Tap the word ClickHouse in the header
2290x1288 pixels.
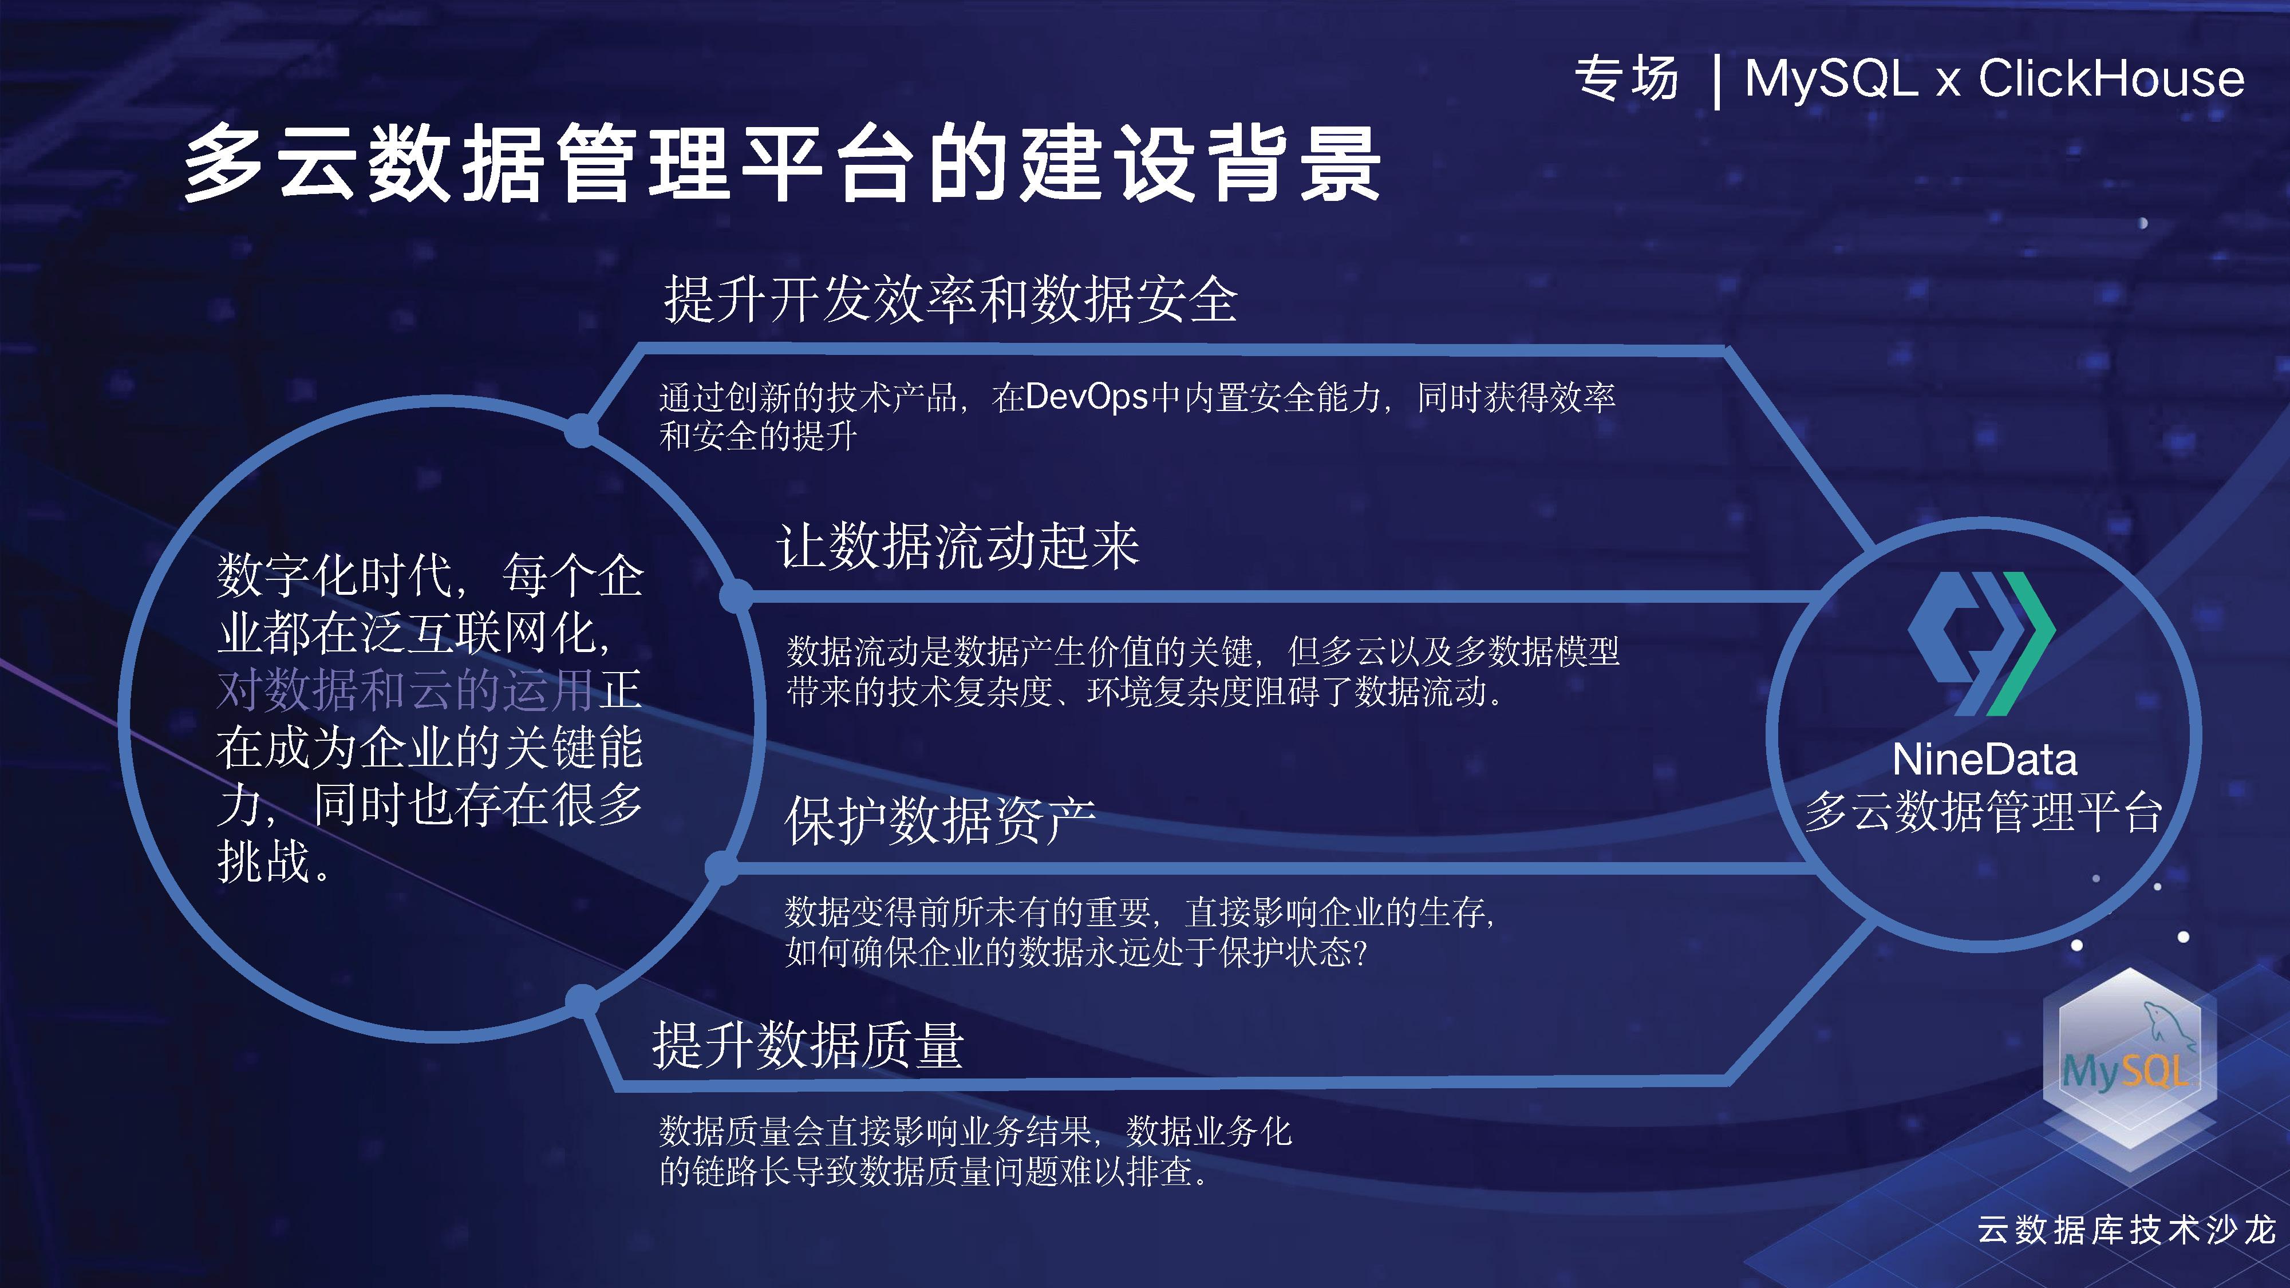point(2111,78)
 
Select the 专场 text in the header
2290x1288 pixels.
point(1627,78)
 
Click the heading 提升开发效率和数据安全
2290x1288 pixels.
point(951,299)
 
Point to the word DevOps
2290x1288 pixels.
point(1087,397)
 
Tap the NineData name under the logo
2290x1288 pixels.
point(1984,760)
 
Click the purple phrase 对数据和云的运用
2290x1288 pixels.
point(405,690)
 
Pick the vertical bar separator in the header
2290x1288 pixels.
point(1716,82)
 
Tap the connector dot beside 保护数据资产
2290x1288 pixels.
point(722,867)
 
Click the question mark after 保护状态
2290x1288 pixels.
point(1359,953)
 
